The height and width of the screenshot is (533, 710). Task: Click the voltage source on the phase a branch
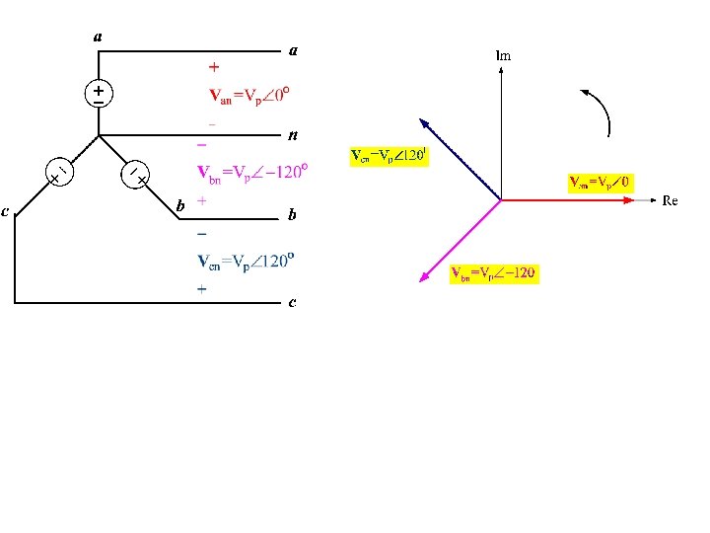tap(98, 94)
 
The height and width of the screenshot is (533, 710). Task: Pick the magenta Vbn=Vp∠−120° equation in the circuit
tap(254, 172)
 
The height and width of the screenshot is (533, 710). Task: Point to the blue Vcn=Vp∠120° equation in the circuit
tap(248, 262)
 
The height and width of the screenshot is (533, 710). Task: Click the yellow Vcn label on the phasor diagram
tap(390, 156)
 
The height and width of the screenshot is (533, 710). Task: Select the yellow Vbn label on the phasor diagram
tap(493, 272)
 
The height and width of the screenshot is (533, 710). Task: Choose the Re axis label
tap(670, 200)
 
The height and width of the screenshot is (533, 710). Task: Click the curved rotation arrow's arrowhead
tap(587, 94)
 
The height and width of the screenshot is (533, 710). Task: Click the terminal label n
tap(293, 134)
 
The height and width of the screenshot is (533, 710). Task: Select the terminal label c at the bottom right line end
tap(292, 302)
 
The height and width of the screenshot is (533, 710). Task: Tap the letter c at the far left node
tap(6, 210)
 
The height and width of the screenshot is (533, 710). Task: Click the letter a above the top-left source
tap(97, 38)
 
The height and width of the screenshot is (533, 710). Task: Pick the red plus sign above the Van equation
tap(214, 68)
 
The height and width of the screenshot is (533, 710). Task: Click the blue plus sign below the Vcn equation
tap(202, 290)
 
